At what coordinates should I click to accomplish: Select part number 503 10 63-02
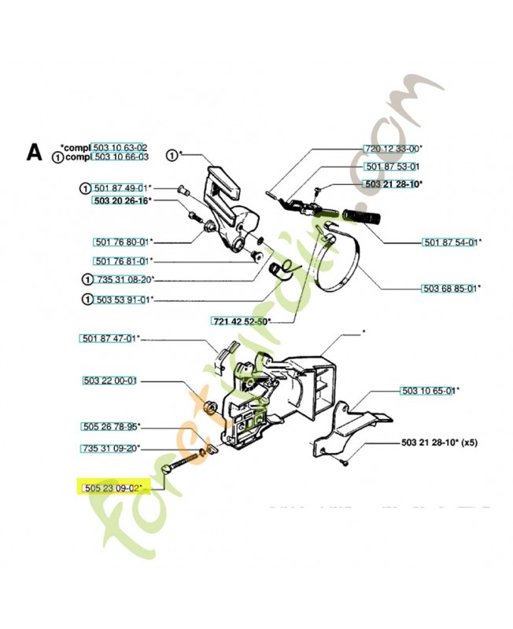coord(120,147)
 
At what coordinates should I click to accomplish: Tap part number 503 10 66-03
coord(120,157)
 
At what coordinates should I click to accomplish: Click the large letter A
coord(34,152)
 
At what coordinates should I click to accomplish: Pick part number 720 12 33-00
coord(393,148)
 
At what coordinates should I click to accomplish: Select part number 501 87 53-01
coord(393,167)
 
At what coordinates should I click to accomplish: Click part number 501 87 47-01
coord(109,338)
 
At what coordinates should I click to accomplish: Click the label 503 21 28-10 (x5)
coord(439,442)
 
